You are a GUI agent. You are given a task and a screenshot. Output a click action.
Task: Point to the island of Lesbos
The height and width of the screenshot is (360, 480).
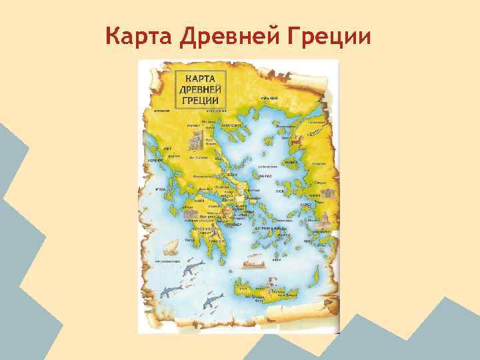(x=291, y=163)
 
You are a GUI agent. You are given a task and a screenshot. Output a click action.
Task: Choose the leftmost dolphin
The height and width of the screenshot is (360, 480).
(x=167, y=292)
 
